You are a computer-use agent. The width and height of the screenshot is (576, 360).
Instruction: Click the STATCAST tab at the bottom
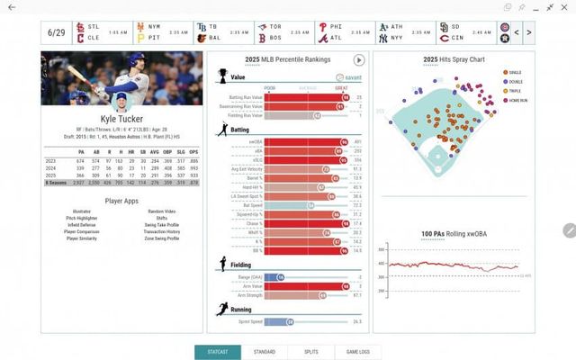(x=217, y=351)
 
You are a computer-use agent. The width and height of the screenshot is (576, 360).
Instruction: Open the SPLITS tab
(x=310, y=351)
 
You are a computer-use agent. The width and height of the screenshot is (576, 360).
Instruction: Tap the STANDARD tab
(x=264, y=351)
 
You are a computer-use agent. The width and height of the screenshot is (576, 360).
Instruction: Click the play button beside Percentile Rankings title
(x=358, y=59)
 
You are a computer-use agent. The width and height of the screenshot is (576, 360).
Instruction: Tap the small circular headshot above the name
(x=121, y=98)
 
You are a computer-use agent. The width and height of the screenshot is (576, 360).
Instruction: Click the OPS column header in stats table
(x=193, y=151)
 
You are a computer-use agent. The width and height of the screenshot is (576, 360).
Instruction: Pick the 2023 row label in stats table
(x=51, y=161)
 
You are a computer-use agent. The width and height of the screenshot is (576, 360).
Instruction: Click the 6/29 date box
(x=57, y=34)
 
